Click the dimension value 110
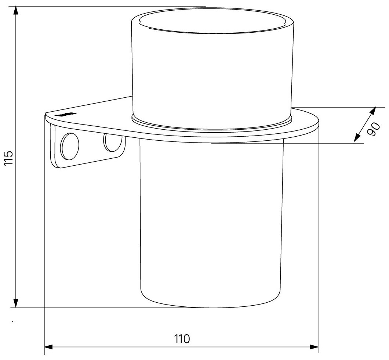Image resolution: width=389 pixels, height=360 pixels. coord(182,338)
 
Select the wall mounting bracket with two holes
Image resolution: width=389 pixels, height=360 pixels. coord(88,147)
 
